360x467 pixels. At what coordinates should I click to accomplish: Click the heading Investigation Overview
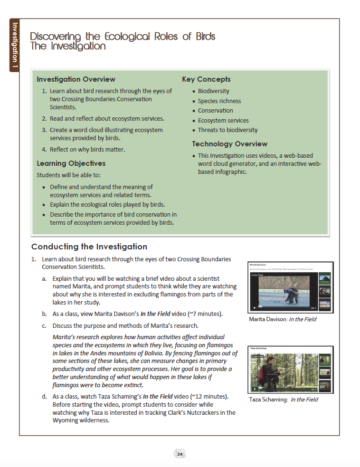[x=76, y=79]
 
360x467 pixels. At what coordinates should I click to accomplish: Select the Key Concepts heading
[x=206, y=79]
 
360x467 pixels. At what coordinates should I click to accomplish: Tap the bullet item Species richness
[x=219, y=101]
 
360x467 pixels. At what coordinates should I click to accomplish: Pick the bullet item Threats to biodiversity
[x=227, y=130]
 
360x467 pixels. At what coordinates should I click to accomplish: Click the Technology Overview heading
[x=229, y=144]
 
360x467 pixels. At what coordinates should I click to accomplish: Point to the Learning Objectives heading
[x=71, y=163]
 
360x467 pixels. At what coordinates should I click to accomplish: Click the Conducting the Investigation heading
[x=89, y=247]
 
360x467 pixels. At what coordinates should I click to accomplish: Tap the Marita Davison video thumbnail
[x=290, y=287]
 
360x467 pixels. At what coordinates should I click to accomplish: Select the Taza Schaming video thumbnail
[x=290, y=370]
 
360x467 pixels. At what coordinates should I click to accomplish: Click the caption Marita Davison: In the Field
[x=283, y=319]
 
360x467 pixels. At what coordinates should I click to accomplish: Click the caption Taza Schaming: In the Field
[x=284, y=400]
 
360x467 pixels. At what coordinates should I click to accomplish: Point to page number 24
[x=180, y=454]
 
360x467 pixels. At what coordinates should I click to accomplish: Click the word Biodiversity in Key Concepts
[x=213, y=91]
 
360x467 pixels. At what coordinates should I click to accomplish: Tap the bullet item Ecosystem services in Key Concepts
[x=223, y=120]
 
